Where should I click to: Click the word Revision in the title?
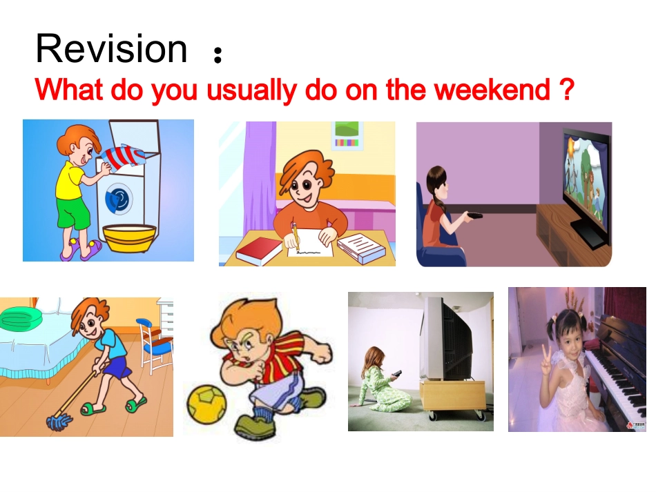[x=111, y=50]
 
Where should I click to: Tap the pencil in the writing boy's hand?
[x=296, y=237]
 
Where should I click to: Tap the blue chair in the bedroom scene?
[x=152, y=342]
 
